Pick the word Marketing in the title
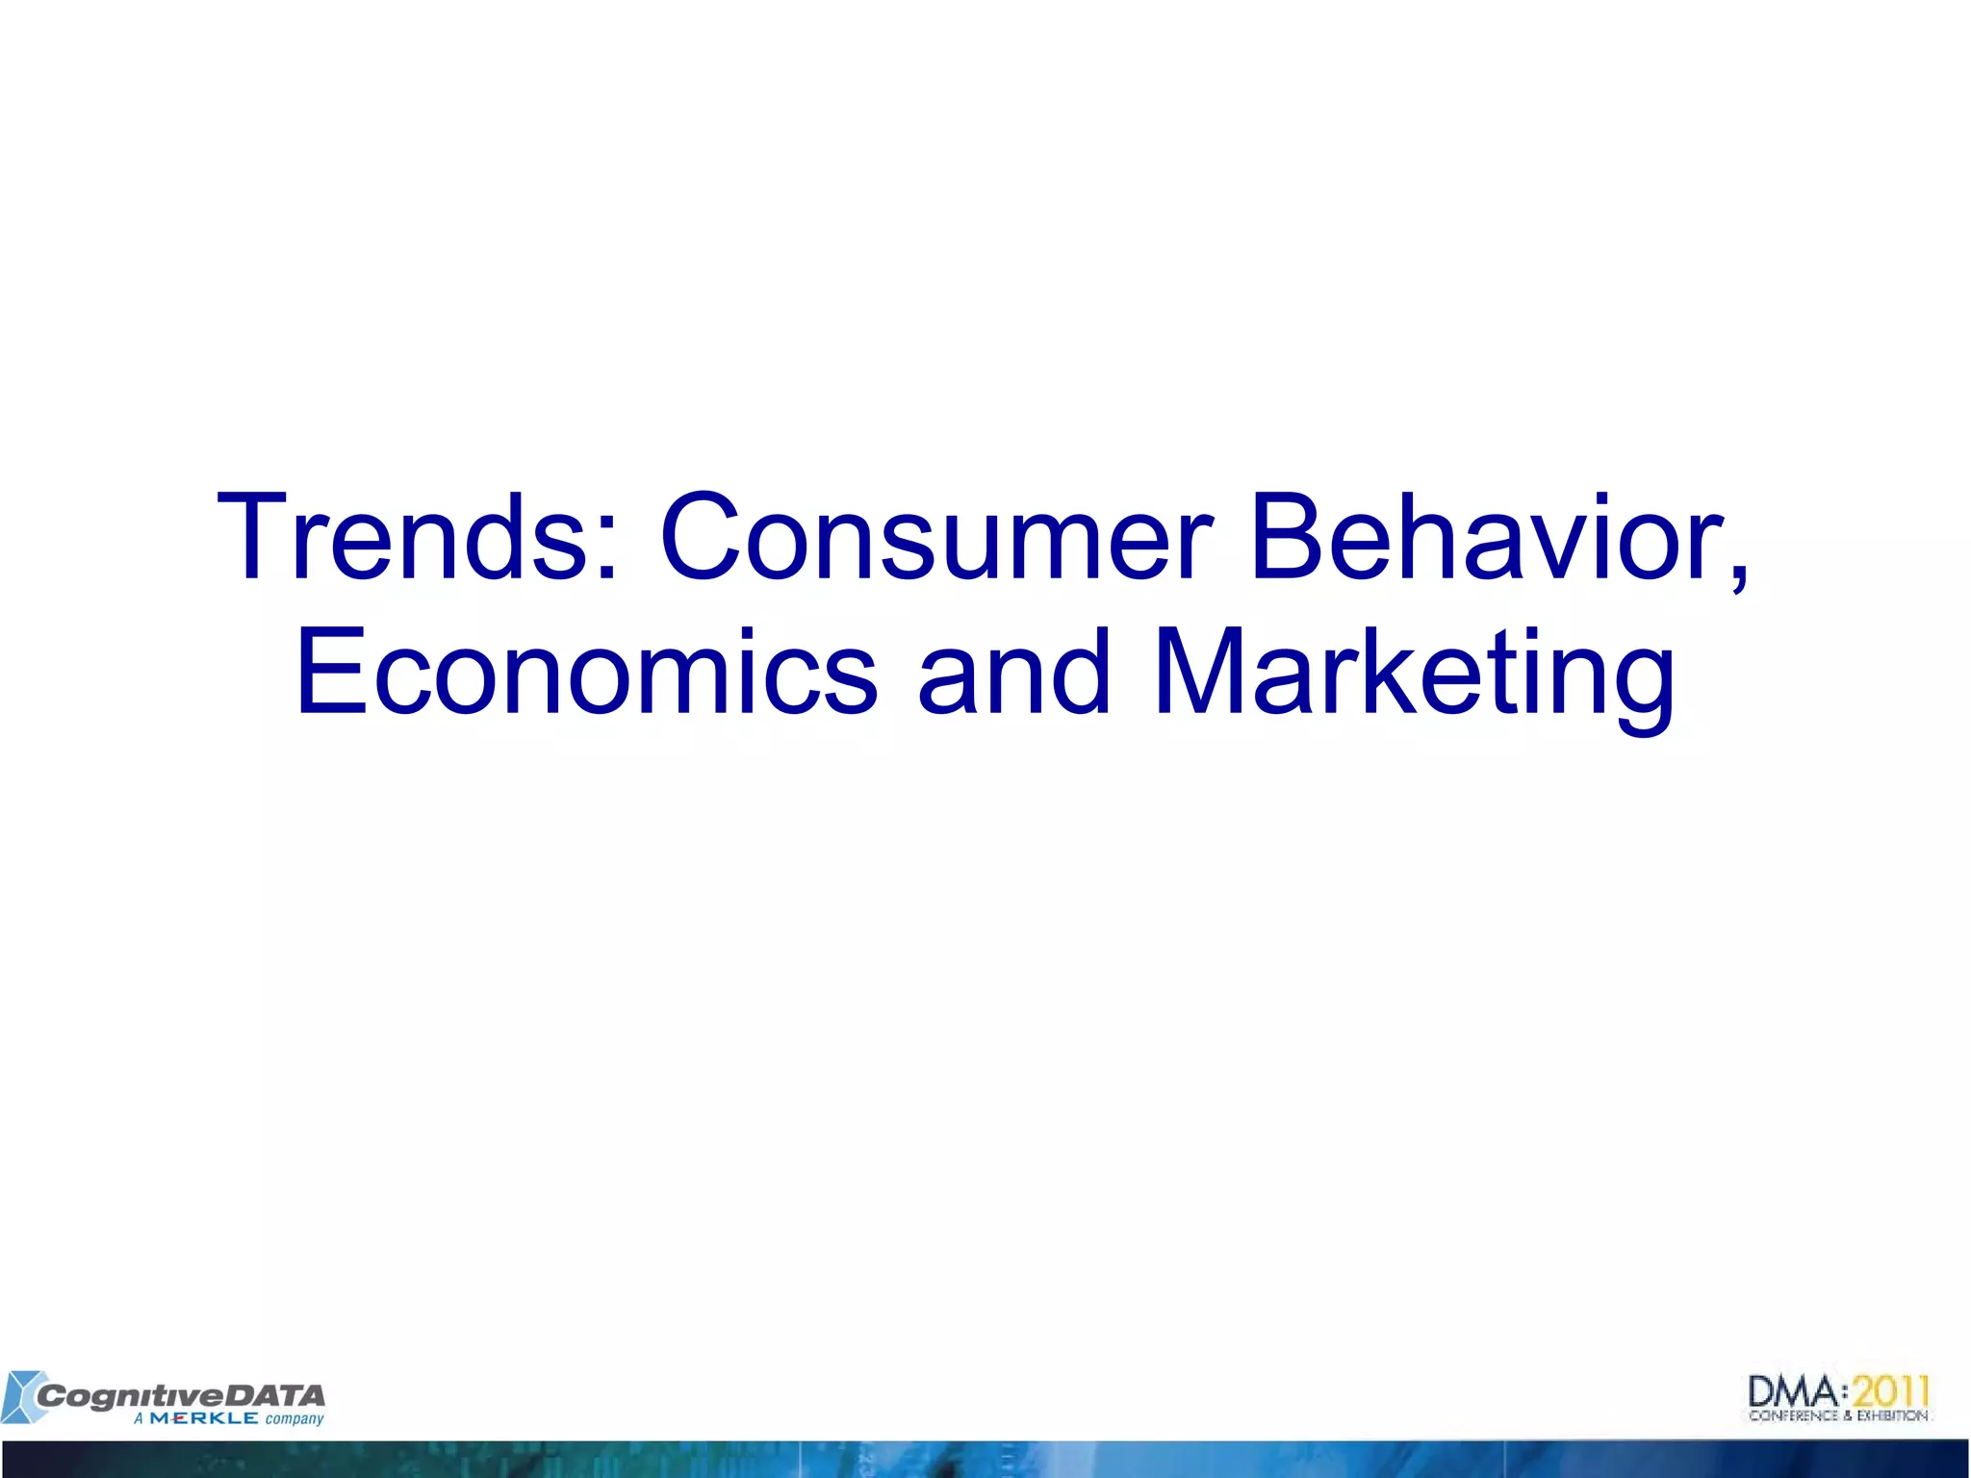pyautogui.click(x=1414, y=674)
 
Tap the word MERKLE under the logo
pyautogui.click(x=203, y=1418)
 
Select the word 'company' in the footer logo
pyautogui.click(x=294, y=1419)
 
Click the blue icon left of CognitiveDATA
pyautogui.click(x=21, y=1396)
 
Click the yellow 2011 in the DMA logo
pyautogui.click(x=1892, y=1390)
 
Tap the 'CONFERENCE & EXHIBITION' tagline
pyautogui.click(x=1838, y=1415)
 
